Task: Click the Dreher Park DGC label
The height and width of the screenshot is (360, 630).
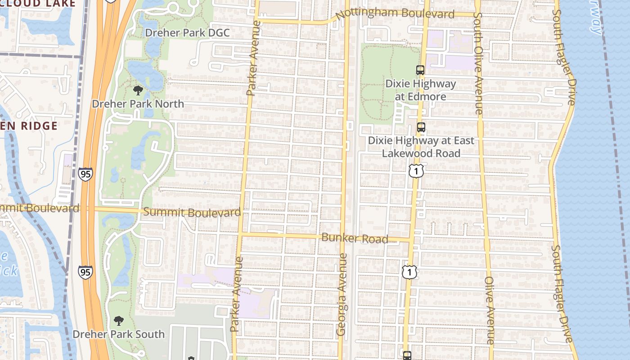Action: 187,33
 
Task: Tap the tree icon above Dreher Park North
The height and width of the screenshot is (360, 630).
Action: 138,90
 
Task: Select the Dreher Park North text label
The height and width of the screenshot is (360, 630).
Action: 138,104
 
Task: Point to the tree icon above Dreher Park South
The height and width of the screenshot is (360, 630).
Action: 118,321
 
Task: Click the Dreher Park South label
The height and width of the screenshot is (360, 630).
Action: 118,334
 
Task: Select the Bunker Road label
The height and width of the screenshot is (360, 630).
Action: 355,238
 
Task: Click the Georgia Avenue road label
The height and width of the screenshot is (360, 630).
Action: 342,294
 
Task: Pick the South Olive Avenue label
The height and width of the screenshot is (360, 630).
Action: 478,63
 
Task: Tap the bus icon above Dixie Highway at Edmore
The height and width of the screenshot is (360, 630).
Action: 420,70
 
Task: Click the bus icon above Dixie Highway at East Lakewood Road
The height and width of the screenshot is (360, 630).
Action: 421,127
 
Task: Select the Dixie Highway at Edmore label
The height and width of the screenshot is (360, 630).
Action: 420,90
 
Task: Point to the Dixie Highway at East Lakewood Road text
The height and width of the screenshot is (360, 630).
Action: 421,147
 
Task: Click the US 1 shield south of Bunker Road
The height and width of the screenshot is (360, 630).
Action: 409,271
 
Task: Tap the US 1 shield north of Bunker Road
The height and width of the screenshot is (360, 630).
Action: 417,171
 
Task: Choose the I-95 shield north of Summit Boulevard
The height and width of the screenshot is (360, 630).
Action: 85,174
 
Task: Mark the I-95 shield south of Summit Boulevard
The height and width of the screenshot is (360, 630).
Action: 85,272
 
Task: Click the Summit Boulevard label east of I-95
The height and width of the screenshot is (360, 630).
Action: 192,212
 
